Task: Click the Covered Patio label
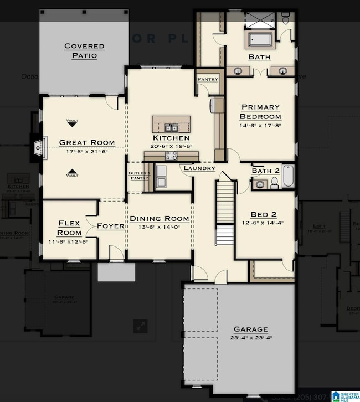[80, 50]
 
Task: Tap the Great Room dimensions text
[87, 151]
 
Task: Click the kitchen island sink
[171, 128]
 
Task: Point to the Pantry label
[208, 80]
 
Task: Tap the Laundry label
[199, 168]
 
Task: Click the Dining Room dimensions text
[160, 228]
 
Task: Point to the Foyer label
[110, 226]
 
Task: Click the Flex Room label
[69, 228]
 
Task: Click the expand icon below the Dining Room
[140, 326]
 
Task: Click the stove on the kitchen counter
[171, 156]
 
